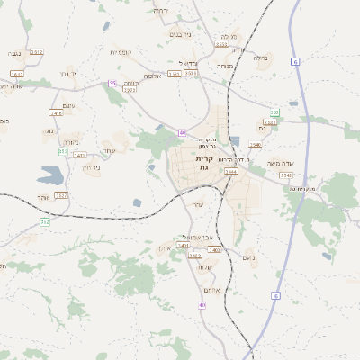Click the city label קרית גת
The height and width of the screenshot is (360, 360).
(x=203, y=164)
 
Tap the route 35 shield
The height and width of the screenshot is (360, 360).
(x=112, y=84)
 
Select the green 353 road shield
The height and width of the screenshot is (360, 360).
(x=275, y=112)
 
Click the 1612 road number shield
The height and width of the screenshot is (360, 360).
(x=18, y=75)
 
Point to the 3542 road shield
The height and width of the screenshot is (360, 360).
(x=286, y=175)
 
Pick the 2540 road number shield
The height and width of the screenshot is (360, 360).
(x=256, y=144)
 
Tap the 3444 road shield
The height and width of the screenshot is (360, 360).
(x=231, y=171)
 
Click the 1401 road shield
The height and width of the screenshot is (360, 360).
(x=184, y=245)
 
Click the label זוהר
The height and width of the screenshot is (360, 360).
(x=43, y=196)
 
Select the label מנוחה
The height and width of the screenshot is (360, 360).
(x=225, y=66)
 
